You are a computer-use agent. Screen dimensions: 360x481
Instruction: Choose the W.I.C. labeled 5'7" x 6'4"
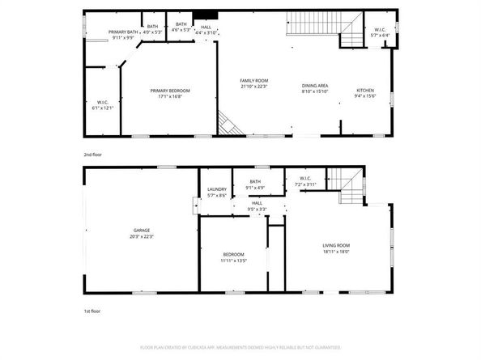[380, 33]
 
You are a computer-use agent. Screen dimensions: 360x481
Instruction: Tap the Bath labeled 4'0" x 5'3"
[152, 29]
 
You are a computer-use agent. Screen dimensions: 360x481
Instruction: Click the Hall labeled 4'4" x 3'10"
[206, 30]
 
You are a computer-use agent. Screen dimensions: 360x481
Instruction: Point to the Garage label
[141, 233]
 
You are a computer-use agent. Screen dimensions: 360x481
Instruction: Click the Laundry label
[216, 193]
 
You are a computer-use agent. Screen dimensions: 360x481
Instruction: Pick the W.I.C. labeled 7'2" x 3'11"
[304, 182]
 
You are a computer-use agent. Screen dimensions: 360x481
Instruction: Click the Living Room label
[337, 248]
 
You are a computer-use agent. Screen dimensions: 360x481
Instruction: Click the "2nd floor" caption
[93, 154]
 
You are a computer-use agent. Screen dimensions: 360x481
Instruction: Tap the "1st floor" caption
[92, 311]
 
